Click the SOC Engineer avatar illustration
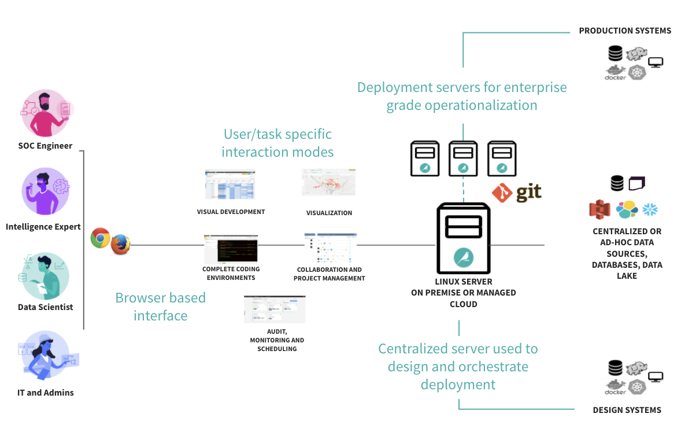click(46, 113)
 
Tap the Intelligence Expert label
click(43, 227)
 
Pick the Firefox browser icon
click(120, 244)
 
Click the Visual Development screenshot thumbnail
click(229, 185)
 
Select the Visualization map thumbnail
click(328, 183)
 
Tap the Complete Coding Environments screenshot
click(230, 249)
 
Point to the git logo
click(517, 193)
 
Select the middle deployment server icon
click(462, 158)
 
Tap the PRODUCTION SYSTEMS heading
click(625, 31)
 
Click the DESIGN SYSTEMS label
click(627, 410)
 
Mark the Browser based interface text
click(161, 307)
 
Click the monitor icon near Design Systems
click(655, 377)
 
